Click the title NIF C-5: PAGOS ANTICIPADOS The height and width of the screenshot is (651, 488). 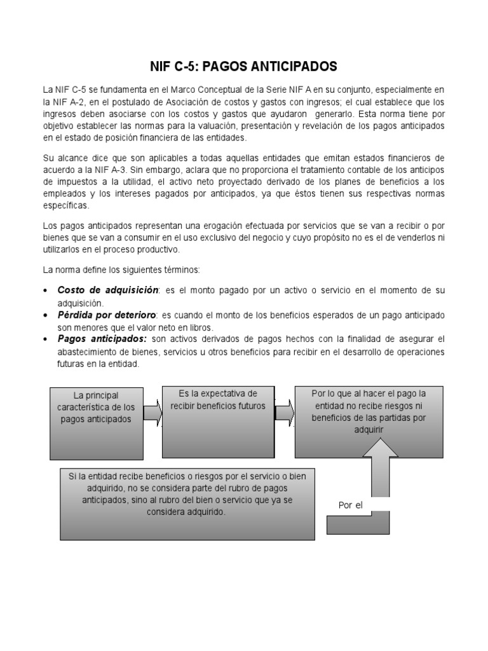(x=243, y=67)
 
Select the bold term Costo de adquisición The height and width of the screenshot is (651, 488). (x=107, y=290)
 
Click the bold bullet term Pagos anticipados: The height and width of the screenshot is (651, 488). (x=102, y=339)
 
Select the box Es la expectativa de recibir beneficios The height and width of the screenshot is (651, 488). (x=218, y=422)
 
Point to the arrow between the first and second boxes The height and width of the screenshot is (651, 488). (x=152, y=414)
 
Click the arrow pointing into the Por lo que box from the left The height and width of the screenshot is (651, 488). (x=284, y=413)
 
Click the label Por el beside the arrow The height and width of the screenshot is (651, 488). (x=350, y=505)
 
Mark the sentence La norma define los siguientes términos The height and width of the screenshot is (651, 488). (x=121, y=270)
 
